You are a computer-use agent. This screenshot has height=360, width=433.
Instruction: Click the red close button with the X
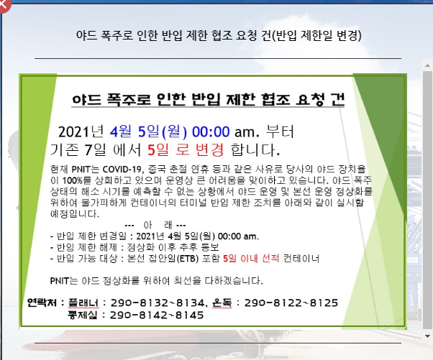(4, 5)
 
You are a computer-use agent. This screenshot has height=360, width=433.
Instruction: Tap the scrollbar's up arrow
(427, 65)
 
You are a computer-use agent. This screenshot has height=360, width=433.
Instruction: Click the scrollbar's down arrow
(427, 336)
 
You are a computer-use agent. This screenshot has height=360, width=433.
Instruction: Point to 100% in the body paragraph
(73, 180)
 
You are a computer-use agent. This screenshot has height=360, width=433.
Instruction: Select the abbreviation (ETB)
(188, 259)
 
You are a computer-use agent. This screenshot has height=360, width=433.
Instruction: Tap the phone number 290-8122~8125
(291, 303)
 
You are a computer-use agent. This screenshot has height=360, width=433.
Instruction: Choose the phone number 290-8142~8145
(157, 315)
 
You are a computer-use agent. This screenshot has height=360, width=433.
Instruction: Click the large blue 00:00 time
(211, 132)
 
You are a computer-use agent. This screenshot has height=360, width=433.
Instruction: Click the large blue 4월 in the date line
(121, 131)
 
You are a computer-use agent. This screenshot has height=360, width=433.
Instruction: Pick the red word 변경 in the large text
(209, 149)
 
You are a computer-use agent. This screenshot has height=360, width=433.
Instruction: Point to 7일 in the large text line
(94, 149)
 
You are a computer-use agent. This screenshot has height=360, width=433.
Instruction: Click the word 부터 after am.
(280, 131)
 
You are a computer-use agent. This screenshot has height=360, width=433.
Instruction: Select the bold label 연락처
(42, 303)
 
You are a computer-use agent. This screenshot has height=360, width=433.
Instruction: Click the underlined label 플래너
(83, 303)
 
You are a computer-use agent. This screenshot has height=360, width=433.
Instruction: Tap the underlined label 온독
(222, 303)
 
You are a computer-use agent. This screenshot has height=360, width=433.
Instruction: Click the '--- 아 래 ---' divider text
(155, 225)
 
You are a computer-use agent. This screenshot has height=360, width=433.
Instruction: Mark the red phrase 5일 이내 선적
(251, 259)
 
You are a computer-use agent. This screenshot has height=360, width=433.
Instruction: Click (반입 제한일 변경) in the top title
(316, 35)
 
